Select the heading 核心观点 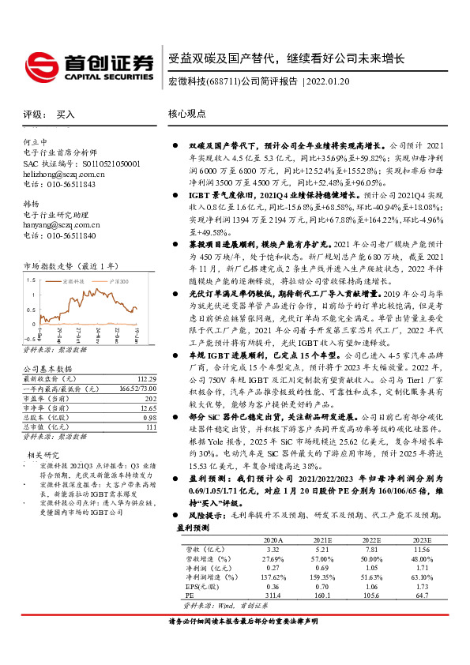pos(187,114)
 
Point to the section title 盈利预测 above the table pos(194,526)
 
